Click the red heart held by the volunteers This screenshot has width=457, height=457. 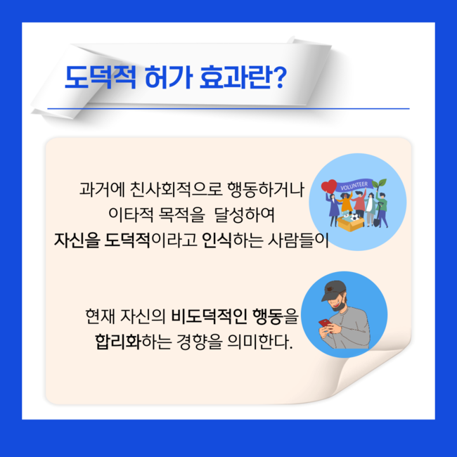[x=329, y=186]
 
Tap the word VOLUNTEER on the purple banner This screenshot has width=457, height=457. [x=354, y=186]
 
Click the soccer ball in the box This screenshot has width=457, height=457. [x=355, y=217]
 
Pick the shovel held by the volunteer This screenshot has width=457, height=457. [x=378, y=215]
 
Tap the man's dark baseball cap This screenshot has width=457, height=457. [x=333, y=290]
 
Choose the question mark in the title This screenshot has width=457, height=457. [x=281, y=77]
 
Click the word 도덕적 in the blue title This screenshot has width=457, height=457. [x=101, y=77]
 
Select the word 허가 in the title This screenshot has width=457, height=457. [x=169, y=77]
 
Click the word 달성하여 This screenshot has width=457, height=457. [x=244, y=215]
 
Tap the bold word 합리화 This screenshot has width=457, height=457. [x=118, y=342]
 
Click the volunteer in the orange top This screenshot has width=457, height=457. [x=346, y=203]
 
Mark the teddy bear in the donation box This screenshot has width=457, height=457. [x=346, y=217]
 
